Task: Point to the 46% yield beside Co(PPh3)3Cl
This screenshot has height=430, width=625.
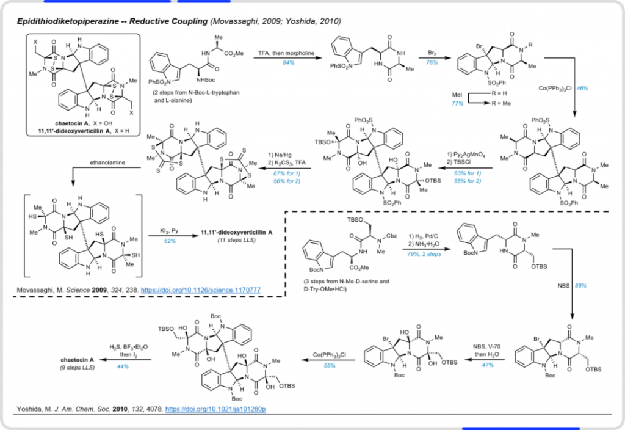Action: click(583, 89)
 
